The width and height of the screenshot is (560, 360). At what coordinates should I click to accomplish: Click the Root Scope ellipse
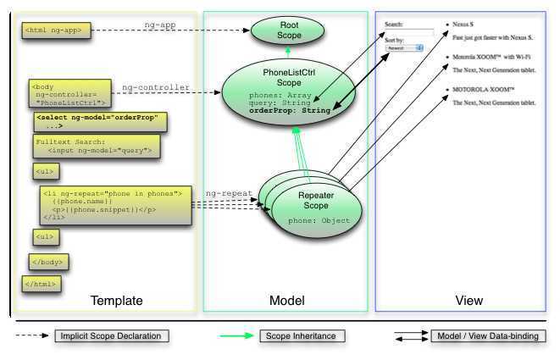284,31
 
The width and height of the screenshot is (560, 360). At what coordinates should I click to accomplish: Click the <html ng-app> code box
53,30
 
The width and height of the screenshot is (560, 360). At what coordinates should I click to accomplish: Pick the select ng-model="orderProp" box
100,119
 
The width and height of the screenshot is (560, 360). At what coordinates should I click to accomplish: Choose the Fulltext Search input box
95,147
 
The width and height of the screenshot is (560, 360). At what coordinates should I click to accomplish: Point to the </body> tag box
48,260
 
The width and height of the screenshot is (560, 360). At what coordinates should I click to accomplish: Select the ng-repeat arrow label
228,193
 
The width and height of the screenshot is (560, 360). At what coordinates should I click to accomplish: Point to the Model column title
286,301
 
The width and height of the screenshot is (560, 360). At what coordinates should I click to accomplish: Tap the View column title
469,301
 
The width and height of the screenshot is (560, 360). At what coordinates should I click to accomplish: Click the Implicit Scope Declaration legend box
110,336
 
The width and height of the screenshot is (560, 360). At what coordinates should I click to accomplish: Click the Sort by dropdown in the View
404,49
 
